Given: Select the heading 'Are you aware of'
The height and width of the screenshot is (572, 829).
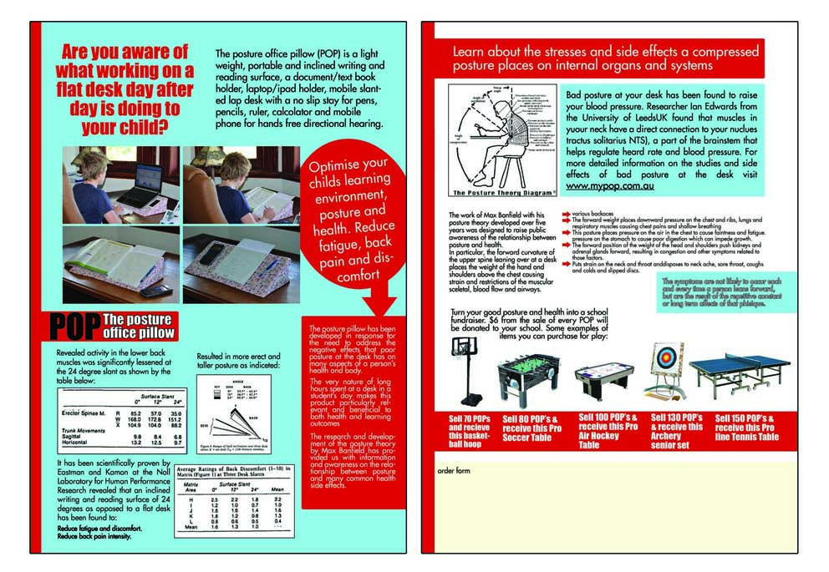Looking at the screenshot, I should tap(125, 52).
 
